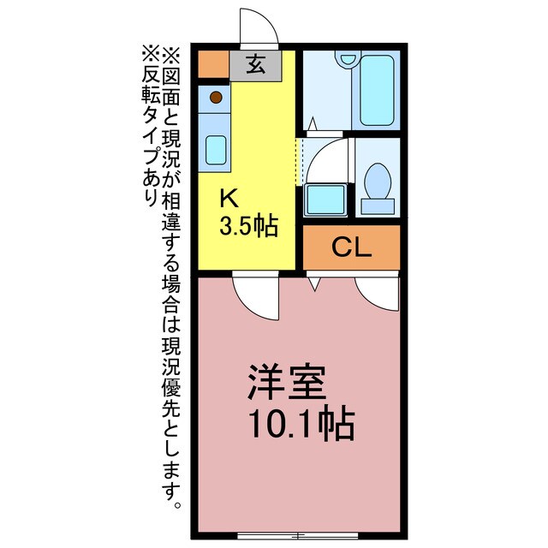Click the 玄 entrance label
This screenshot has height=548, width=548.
(254, 64)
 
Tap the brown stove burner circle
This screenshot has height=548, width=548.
(216, 97)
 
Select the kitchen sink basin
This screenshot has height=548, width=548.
(215, 149)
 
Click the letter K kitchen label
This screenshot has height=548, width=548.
(229, 199)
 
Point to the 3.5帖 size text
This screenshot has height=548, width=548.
(248, 226)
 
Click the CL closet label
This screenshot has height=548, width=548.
(351, 248)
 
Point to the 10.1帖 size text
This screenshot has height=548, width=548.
(300, 422)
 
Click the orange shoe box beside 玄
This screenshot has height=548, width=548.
(213, 64)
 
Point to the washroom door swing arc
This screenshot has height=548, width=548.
(328, 158)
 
